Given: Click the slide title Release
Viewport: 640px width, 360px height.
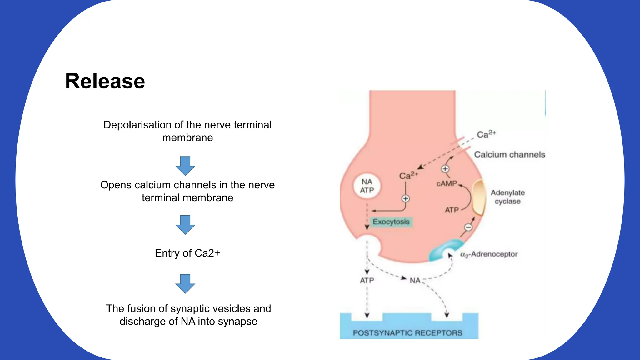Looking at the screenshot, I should coord(105,81).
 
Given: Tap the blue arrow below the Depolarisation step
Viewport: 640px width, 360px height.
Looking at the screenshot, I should coord(185,166).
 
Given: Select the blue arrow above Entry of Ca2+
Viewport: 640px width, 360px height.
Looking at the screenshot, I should coord(185,224).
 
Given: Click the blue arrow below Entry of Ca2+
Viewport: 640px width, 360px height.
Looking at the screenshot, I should coord(185,283).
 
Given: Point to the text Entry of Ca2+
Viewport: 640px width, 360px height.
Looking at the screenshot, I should coord(187,253).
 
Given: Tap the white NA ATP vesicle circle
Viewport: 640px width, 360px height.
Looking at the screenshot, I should coord(367,186).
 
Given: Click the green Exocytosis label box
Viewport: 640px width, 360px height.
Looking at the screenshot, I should coord(391,222).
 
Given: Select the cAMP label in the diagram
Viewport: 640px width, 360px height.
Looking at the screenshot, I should coord(447,184).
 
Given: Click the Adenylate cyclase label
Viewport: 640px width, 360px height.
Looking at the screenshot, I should coord(507,197).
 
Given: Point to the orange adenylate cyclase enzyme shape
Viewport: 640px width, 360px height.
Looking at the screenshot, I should coord(478,198).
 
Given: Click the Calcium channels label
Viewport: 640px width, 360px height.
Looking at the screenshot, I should coord(509,154).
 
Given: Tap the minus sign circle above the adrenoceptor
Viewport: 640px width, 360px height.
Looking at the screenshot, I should coord(468,227).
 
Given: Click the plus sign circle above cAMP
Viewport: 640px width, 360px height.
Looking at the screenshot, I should coord(445,169).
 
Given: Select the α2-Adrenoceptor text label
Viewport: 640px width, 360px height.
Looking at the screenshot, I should coord(489,254).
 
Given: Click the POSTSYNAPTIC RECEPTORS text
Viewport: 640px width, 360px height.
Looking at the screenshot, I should coord(407,333).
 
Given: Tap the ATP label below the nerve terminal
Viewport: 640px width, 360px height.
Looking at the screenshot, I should coord(367,281).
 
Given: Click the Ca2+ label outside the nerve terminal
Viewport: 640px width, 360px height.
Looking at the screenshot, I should coord(486,134).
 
